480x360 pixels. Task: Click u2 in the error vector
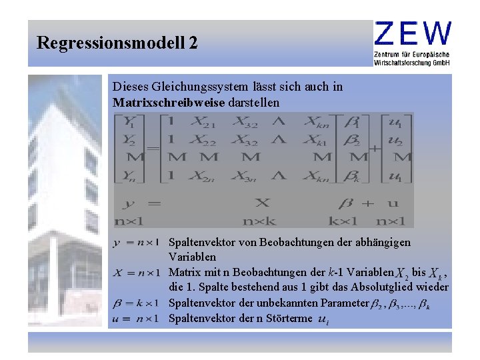[395, 140]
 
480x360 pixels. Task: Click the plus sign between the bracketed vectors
[374, 149]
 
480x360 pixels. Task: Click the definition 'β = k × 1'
[137, 302]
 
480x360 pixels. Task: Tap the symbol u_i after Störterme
[323, 320]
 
